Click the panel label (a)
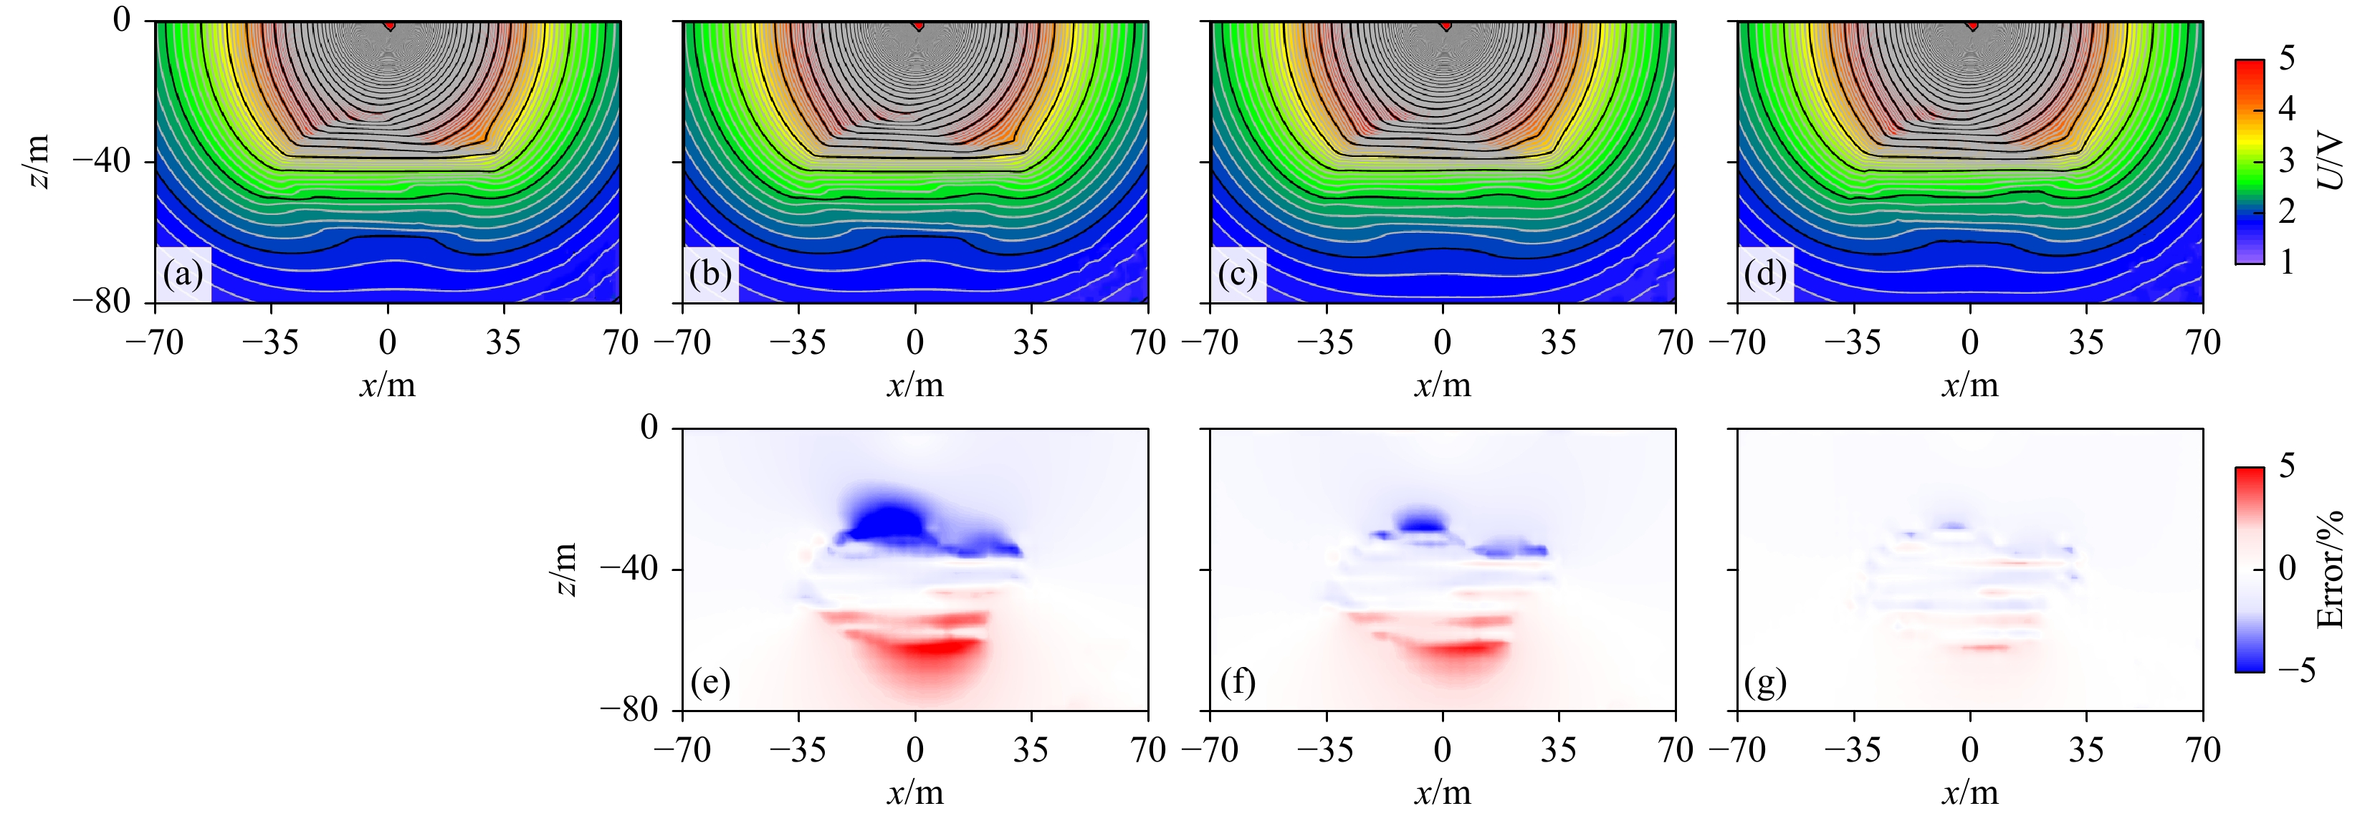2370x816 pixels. pyautogui.click(x=183, y=275)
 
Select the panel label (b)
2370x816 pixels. pyautogui.click(x=710, y=275)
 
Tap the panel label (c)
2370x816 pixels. pyautogui.click(x=1238, y=275)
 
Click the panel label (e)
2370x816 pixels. pyautogui.click(x=710, y=683)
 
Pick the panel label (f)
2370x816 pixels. pyautogui.click(x=1238, y=683)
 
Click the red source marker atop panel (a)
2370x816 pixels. pyautogui.click(x=390, y=25)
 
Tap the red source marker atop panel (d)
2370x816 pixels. pyautogui.click(x=1972, y=25)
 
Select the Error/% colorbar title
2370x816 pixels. pyautogui.click(x=2331, y=570)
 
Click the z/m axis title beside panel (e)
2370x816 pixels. pyautogui.click(x=567, y=570)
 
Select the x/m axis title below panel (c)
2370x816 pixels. pyautogui.click(x=1442, y=385)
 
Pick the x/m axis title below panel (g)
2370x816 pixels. pyautogui.click(x=1970, y=793)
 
